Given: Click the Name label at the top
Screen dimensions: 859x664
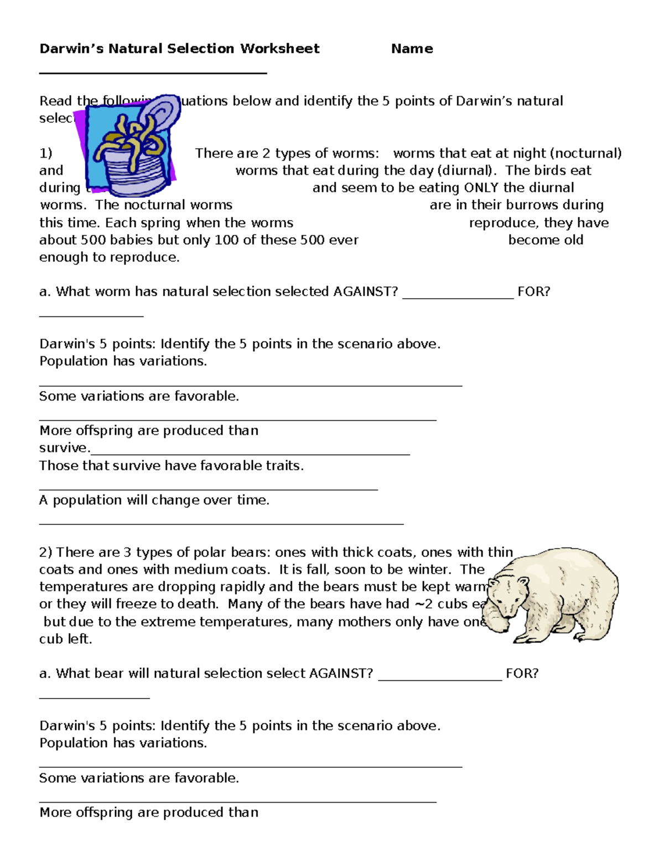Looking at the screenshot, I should click(412, 49).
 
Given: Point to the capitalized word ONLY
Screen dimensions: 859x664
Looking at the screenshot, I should click(482, 188).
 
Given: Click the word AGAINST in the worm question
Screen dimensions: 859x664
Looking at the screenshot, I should click(365, 291).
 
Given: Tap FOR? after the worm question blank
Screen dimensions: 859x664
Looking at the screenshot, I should click(533, 291).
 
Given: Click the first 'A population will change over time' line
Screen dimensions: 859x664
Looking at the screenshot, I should click(154, 500).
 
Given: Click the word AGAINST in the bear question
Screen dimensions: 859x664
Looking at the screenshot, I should click(341, 673).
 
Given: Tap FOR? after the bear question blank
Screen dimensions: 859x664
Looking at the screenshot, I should click(522, 673).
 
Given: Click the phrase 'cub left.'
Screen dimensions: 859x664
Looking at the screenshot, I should click(65, 639).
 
